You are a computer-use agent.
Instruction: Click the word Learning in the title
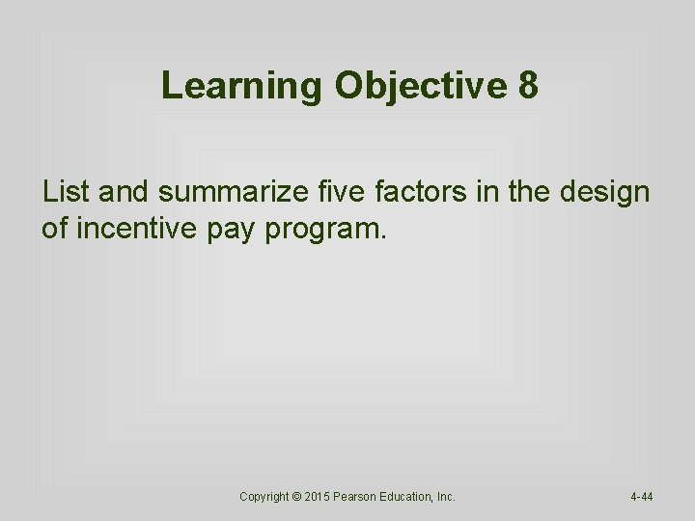pos(242,87)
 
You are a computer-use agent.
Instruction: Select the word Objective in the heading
pos(421,87)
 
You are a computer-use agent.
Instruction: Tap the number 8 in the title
pos(528,87)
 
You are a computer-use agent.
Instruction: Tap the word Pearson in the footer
pos(361,497)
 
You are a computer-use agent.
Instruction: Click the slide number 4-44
pos(642,497)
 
